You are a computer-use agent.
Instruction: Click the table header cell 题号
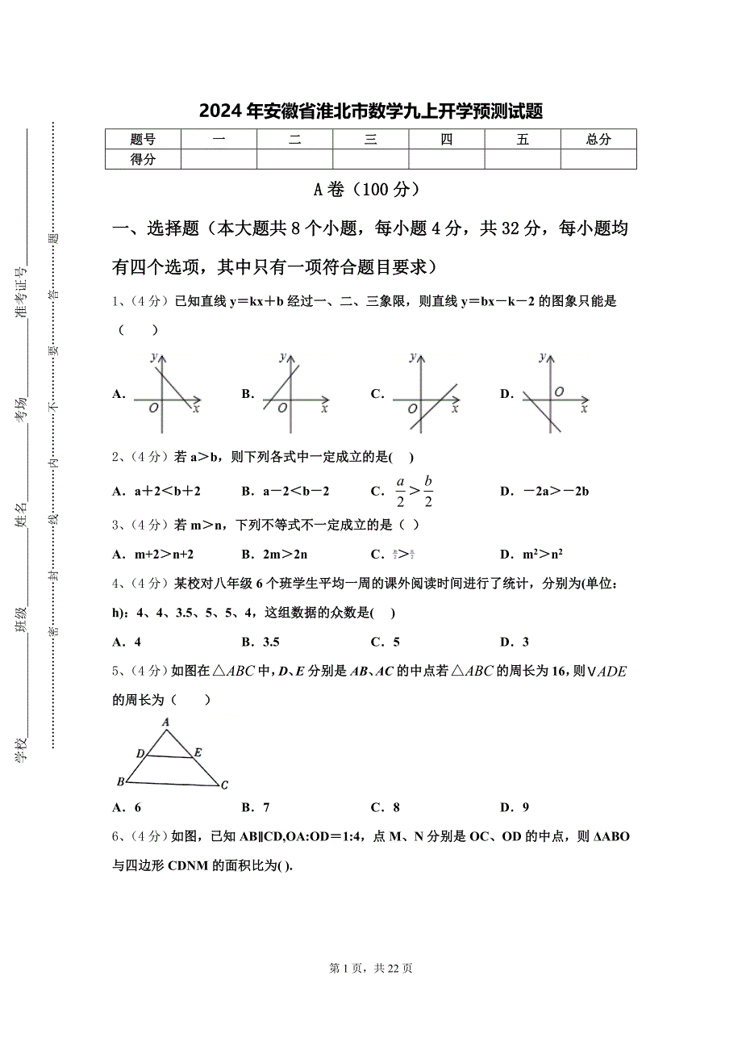[143, 139]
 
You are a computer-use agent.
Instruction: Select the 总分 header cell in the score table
[598, 139]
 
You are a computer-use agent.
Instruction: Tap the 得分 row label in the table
[143, 159]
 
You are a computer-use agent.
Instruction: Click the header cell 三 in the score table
[370, 139]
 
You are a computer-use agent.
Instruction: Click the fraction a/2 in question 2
[400, 491]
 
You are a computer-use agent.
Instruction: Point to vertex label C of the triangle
[224, 784]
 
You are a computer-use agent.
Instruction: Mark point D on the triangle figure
[140, 753]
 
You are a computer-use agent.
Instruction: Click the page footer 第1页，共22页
[371, 969]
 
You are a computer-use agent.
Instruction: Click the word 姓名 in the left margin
[22, 515]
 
